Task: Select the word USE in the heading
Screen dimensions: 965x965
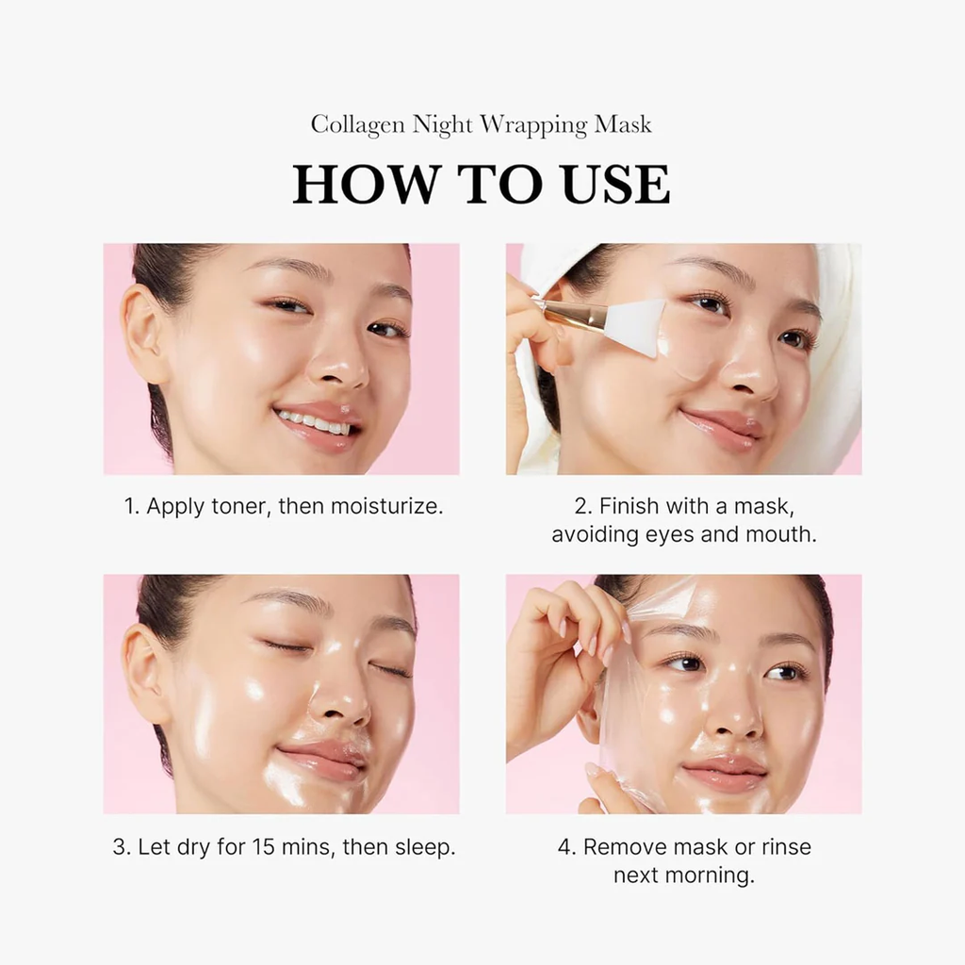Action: point(616,185)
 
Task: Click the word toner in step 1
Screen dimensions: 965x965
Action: point(238,506)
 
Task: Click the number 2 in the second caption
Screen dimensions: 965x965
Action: point(581,506)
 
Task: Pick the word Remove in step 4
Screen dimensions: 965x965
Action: point(621,846)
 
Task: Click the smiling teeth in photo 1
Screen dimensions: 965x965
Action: point(315,420)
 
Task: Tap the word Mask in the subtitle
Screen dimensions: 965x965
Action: point(622,125)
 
